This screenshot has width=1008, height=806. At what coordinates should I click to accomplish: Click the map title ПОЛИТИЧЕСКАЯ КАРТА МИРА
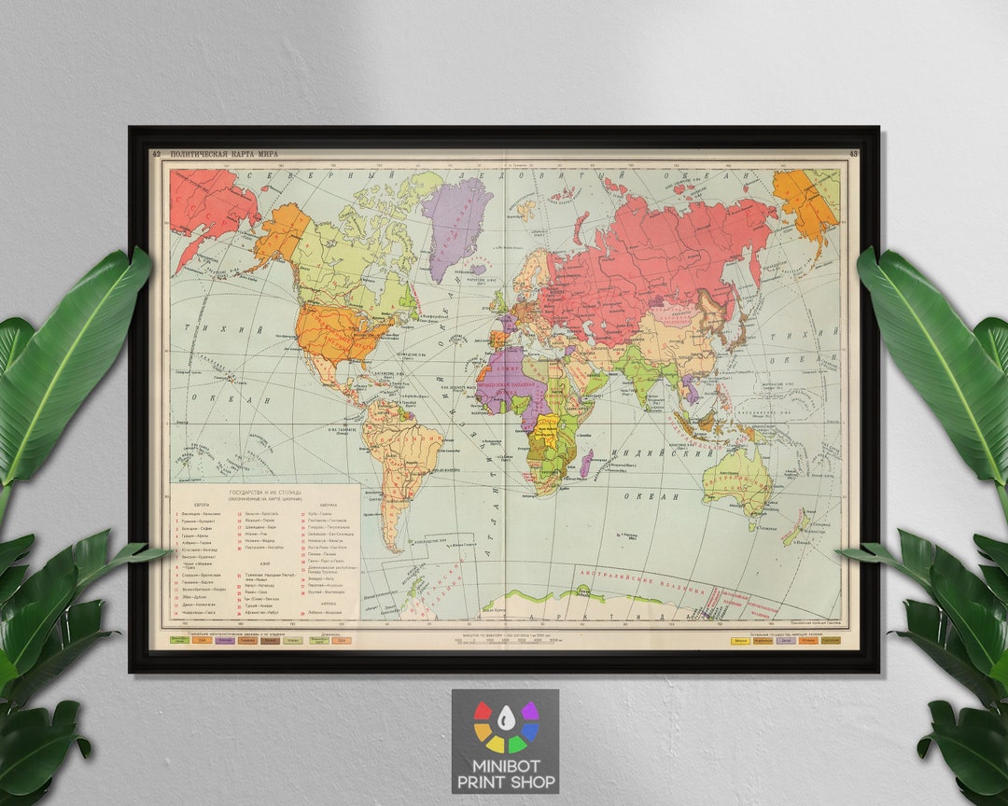pyautogui.click(x=222, y=154)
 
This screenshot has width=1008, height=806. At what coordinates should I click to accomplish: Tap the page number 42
pyautogui.click(x=156, y=154)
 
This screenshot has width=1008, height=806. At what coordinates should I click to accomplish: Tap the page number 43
pyautogui.click(x=853, y=154)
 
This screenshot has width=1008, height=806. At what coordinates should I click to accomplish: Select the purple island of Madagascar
pyautogui.click(x=586, y=463)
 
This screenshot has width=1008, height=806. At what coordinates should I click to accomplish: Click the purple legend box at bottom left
pyautogui.click(x=225, y=640)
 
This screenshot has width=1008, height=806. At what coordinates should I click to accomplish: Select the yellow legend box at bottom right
pyautogui.click(x=740, y=640)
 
